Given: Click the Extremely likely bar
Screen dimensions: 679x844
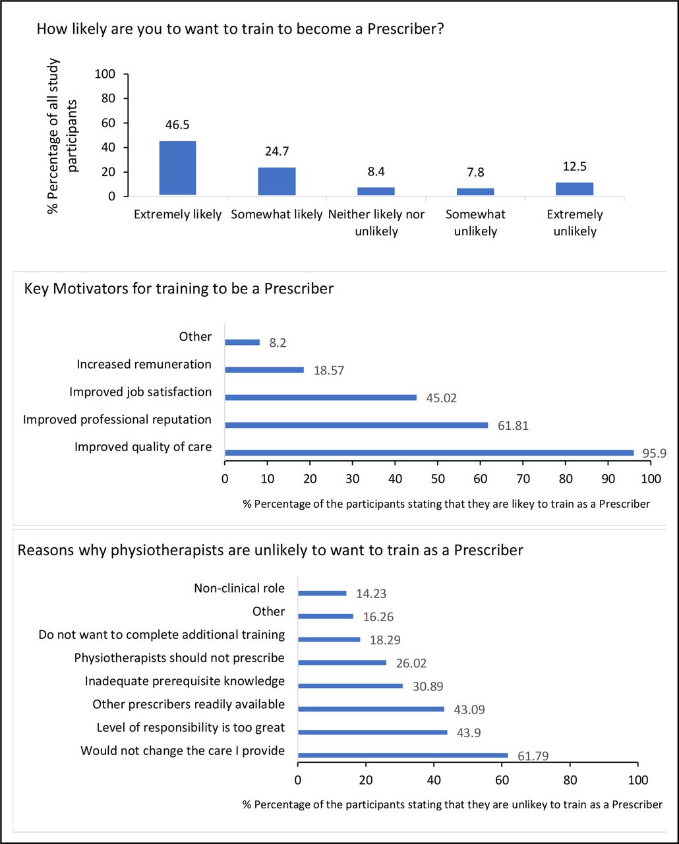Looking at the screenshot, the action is coord(177,168).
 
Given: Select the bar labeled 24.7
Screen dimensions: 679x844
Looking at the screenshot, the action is coord(276,181).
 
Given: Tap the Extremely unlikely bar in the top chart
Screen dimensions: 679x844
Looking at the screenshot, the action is coord(574,189).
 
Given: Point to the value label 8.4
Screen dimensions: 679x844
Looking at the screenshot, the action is coord(376,171).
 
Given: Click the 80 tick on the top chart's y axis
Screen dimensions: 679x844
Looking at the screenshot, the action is coord(108,98).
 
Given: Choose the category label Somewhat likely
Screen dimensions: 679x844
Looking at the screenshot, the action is coord(276,214).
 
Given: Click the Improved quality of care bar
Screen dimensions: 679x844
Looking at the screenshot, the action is coord(429,452).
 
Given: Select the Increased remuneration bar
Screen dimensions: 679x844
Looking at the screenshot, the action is coord(264,370).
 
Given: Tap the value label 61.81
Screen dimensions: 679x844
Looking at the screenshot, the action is coord(513,425).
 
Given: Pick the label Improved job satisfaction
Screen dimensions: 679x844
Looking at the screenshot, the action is coord(140,392).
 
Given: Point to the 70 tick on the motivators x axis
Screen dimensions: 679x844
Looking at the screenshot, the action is coord(523,479).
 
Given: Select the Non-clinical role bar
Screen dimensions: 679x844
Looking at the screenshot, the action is coord(322,593).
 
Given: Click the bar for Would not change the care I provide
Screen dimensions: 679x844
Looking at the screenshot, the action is coord(403,755).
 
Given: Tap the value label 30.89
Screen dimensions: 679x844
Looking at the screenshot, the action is coord(428,686).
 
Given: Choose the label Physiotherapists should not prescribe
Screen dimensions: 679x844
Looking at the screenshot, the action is coord(179,657).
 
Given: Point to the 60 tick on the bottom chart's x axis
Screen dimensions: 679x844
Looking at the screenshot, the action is coord(502,779).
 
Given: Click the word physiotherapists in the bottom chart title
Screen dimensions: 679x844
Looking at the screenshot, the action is coord(167,550).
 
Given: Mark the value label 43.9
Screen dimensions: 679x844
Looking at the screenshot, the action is coord(468,733).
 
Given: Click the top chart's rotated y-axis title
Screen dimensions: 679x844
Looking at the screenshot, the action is coord(62,136).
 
